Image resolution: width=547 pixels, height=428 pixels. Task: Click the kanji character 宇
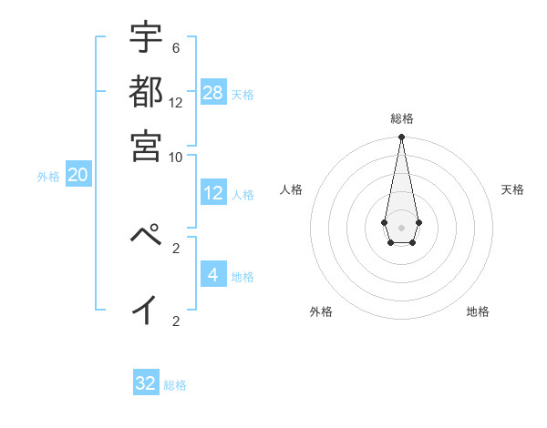(x=146, y=37)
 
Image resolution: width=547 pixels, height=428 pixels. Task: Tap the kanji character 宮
(x=146, y=146)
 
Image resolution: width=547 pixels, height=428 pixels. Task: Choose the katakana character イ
(x=146, y=310)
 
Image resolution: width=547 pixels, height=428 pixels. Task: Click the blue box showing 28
(x=213, y=93)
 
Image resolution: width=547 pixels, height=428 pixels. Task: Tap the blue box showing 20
(x=77, y=176)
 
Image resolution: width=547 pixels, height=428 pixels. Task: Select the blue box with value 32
(x=146, y=383)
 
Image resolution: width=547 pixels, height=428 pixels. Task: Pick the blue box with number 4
(x=213, y=274)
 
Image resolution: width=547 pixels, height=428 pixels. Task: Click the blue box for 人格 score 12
(x=213, y=193)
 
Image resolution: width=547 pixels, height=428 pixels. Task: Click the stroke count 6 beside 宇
(x=175, y=47)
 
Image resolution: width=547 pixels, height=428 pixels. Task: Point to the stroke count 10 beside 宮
(x=175, y=157)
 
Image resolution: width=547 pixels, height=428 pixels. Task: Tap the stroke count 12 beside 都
(x=175, y=102)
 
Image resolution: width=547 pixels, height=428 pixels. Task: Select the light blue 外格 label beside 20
(x=48, y=177)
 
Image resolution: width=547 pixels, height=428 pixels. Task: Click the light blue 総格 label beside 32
(x=175, y=385)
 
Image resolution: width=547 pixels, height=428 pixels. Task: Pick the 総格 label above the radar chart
(x=401, y=118)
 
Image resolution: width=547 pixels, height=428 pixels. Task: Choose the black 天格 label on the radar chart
(x=512, y=189)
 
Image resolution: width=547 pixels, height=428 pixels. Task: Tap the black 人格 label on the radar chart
(x=291, y=189)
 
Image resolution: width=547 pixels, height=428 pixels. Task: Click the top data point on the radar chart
(x=401, y=138)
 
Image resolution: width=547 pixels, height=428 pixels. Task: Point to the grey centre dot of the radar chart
(x=401, y=227)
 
